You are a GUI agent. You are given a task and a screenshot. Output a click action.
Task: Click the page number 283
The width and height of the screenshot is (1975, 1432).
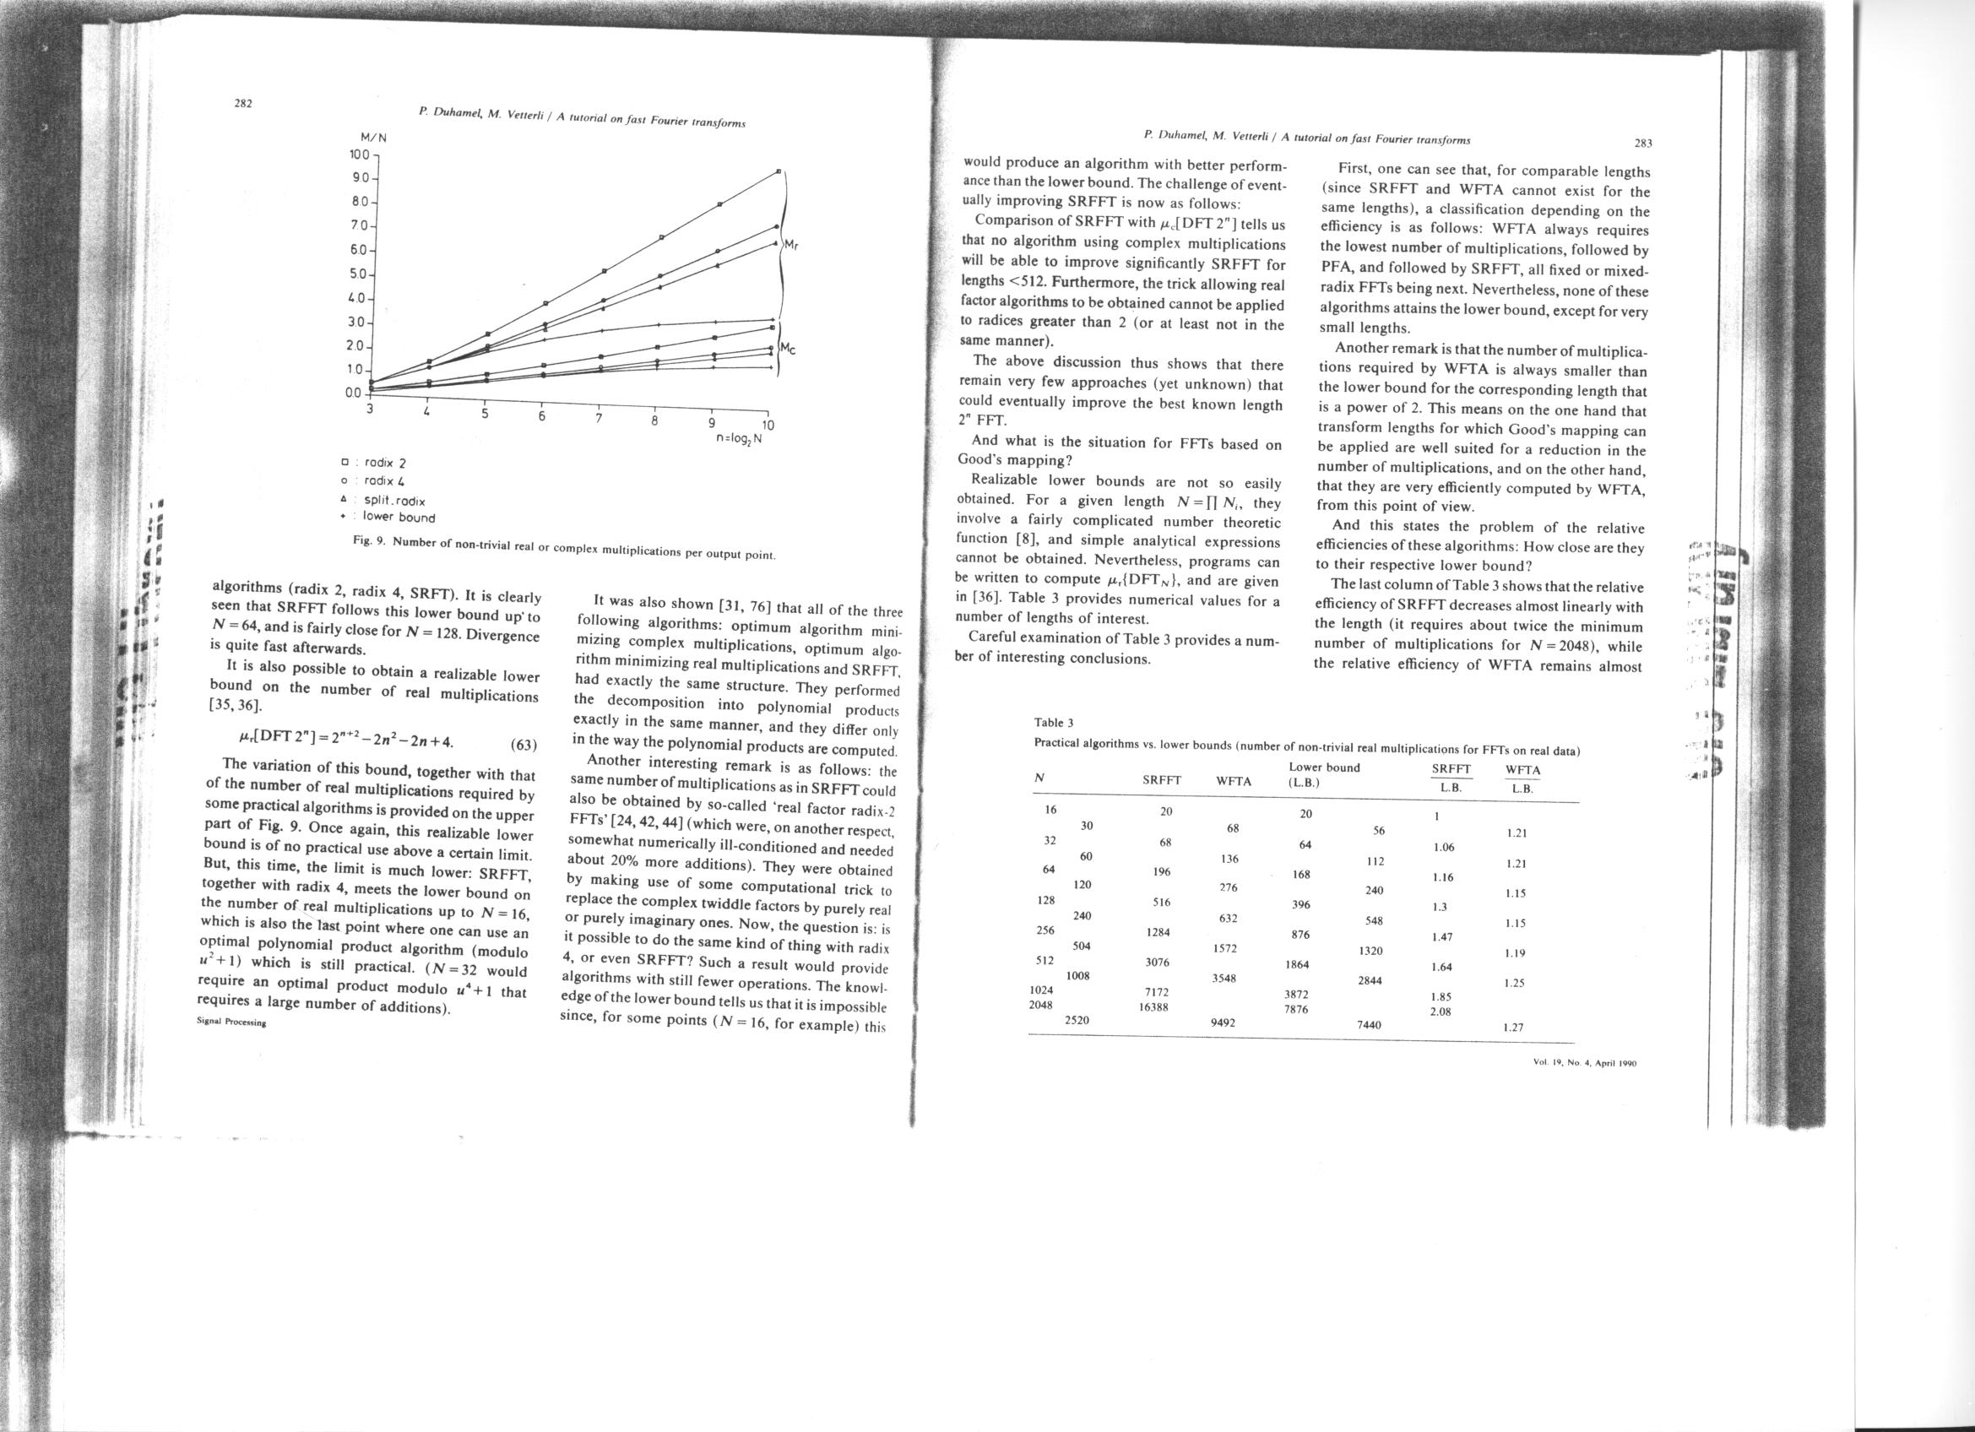pos(1643,143)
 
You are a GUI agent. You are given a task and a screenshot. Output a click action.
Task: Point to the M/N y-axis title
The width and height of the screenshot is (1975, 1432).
pos(373,138)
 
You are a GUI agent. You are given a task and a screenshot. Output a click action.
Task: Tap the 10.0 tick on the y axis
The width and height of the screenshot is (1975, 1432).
pos(359,155)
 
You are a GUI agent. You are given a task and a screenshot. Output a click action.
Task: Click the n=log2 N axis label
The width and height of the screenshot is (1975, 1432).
pos(739,438)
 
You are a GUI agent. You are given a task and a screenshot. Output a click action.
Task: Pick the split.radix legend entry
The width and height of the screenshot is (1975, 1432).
pos(393,501)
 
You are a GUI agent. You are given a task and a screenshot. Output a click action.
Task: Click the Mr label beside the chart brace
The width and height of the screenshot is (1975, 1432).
pos(791,245)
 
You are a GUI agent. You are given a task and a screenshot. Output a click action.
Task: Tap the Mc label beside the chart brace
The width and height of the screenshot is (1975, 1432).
pos(789,349)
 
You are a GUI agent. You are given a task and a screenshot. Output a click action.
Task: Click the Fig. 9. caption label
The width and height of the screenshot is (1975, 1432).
pos(370,540)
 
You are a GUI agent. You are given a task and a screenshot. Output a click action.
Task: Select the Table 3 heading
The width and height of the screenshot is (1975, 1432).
pos(1054,723)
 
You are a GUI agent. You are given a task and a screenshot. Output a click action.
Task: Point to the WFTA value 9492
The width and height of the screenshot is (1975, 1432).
pos(1224,1022)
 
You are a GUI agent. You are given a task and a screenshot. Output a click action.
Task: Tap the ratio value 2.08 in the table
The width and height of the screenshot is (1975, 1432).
pos(1441,1012)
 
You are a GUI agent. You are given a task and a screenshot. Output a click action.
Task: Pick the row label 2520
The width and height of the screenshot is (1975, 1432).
pos(1078,1018)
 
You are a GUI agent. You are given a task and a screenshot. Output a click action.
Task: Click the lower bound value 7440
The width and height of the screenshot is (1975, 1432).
pos(1369,1024)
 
